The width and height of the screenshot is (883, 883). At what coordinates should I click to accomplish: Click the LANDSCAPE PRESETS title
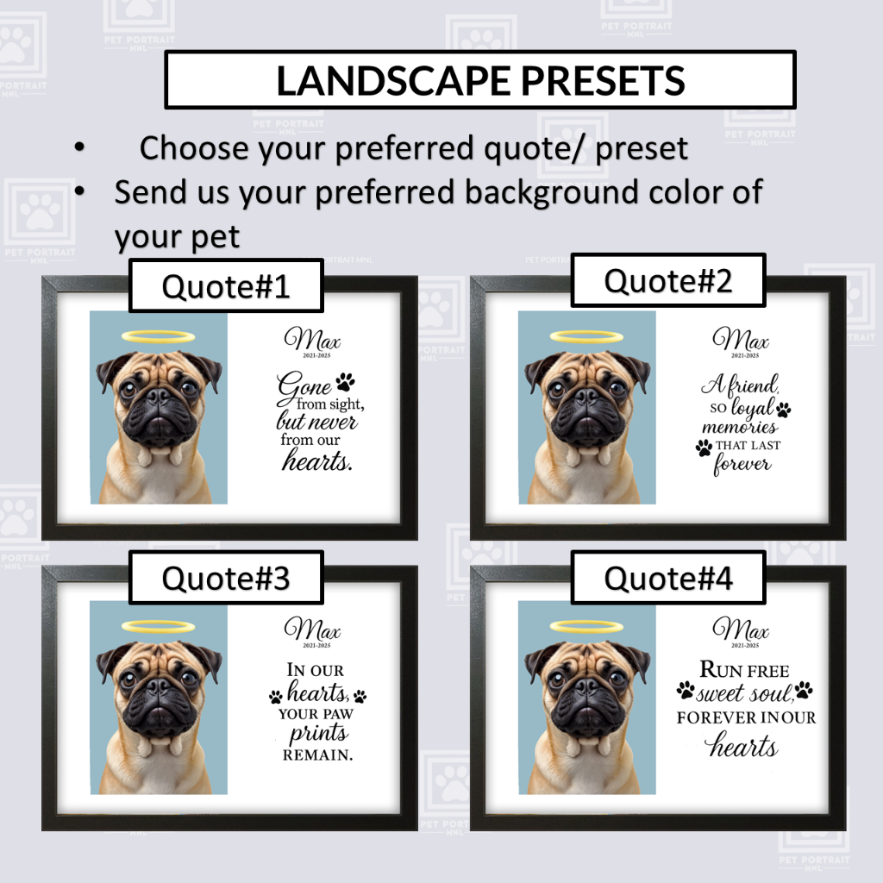(480, 80)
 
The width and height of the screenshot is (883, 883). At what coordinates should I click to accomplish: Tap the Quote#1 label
(226, 286)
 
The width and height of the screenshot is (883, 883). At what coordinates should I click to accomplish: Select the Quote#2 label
(668, 280)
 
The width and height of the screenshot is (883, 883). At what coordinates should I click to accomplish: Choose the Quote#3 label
(226, 578)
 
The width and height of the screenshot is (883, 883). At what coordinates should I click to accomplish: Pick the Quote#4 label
(668, 578)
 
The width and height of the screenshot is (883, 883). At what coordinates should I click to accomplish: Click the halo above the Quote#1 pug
(159, 337)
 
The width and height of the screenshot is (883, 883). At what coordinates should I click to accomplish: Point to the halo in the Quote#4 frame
(586, 626)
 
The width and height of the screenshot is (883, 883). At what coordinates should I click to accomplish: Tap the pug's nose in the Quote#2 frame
(586, 396)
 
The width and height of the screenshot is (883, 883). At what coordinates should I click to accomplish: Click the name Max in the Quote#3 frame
(313, 629)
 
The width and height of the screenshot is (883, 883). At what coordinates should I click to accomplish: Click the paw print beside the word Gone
(345, 382)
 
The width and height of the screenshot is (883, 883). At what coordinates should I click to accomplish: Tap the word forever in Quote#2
(742, 465)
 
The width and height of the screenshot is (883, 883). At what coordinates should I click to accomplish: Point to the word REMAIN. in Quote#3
(317, 755)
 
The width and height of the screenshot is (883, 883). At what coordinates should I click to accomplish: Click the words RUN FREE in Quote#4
(744, 669)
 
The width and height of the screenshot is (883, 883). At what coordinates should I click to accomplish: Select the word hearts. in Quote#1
(317, 461)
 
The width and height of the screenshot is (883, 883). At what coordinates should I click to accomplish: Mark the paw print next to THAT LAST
(704, 448)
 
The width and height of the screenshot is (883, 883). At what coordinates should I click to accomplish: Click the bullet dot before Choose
(79, 147)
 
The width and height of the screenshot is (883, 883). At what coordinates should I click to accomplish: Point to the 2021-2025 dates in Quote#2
(745, 355)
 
